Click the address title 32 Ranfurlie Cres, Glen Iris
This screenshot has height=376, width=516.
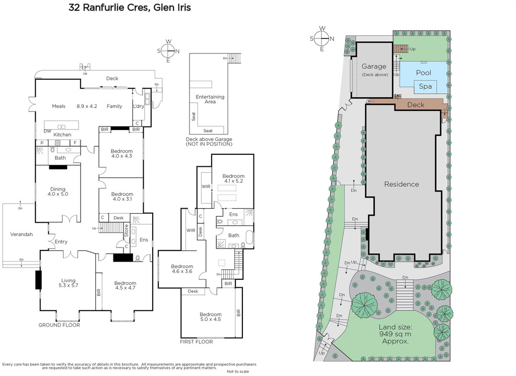130,7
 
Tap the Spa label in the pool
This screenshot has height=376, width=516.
425,87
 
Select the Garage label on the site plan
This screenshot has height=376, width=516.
374,67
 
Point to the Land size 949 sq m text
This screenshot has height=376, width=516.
395,334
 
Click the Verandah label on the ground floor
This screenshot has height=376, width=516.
21,234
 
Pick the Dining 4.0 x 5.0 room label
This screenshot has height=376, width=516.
58,192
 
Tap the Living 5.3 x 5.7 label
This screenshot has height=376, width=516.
69,283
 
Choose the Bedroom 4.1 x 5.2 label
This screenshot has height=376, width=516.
233,178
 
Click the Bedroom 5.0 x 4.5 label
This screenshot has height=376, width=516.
210,317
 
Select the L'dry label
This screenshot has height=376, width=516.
139,106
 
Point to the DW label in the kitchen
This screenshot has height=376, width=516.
48,131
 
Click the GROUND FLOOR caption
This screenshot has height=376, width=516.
59,325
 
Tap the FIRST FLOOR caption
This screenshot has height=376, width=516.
197,342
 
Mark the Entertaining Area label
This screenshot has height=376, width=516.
210,99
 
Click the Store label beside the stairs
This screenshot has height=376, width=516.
126,230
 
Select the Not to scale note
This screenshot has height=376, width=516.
238,371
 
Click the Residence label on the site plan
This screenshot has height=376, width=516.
402,184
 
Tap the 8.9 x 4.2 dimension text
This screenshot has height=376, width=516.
87,106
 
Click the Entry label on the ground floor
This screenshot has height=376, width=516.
61,241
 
